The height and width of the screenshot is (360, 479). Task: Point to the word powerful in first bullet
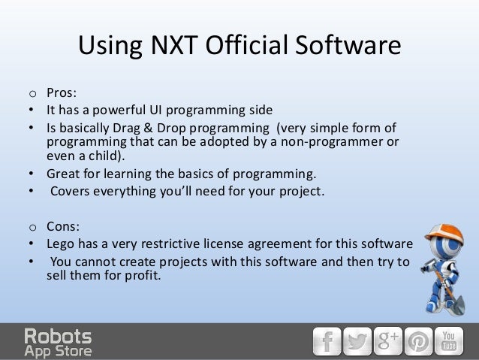[x=125, y=110]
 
